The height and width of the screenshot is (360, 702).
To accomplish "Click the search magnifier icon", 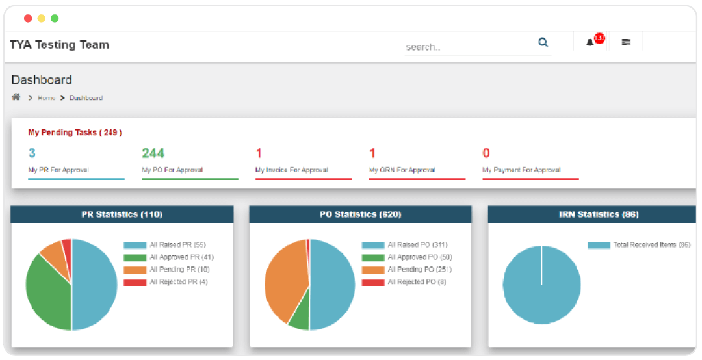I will (543, 43).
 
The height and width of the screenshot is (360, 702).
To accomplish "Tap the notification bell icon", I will (590, 43).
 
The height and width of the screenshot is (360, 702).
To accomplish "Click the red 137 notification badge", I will (599, 38).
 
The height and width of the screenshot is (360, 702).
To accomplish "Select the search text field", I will (468, 47).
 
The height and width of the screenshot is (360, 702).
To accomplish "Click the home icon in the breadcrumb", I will (16, 97).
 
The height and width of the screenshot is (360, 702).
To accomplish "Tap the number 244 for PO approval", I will (153, 153).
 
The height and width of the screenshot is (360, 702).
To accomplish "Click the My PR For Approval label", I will (58, 170).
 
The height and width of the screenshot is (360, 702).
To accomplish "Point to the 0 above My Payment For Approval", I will (486, 153).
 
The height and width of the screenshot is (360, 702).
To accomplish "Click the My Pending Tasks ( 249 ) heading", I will (75, 133).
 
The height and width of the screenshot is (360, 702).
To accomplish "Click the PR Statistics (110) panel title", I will (122, 214).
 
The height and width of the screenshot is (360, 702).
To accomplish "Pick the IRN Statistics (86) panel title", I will (599, 214).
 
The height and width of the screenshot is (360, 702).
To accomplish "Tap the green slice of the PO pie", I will (300, 319).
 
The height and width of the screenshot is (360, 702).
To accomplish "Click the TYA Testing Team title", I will (59, 45).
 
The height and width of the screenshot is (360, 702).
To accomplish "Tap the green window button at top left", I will (55, 18).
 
